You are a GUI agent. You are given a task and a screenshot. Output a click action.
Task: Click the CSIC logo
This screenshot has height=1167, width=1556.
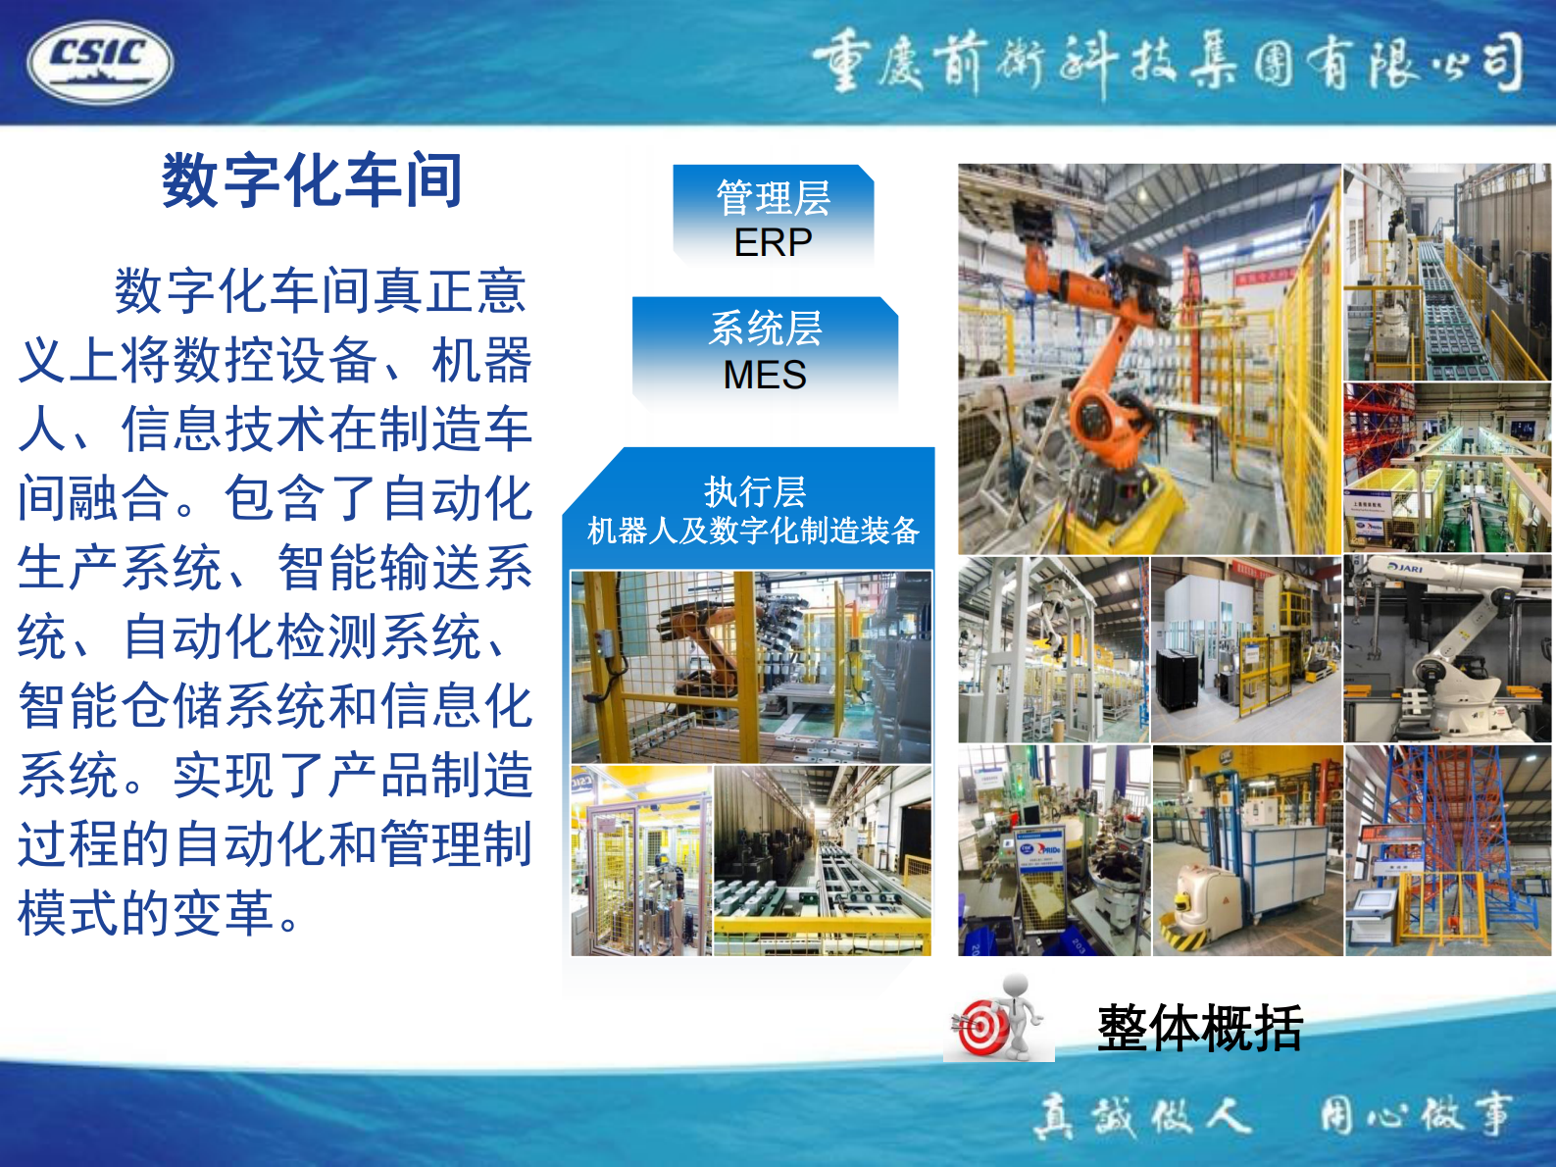pyautogui.click(x=100, y=62)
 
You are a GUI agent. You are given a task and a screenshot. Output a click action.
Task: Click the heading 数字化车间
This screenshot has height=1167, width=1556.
pyautogui.click(x=312, y=181)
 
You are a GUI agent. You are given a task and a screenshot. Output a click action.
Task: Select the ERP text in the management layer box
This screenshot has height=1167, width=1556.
pyautogui.click(x=773, y=242)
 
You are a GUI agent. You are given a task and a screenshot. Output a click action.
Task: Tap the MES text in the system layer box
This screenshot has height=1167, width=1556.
pyautogui.click(x=765, y=375)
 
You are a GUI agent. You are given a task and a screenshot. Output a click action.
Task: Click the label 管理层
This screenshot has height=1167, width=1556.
pyautogui.click(x=773, y=198)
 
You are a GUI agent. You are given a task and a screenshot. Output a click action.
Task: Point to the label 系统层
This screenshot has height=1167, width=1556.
pyautogui.click(x=765, y=329)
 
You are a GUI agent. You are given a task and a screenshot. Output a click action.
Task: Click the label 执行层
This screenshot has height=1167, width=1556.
pyautogui.click(x=754, y=491)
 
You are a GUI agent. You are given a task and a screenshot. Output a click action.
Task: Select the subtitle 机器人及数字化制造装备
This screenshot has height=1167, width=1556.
pyautogui.click(x=753, y=531)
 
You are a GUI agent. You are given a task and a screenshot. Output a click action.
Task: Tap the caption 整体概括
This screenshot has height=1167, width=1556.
pyautogui.click(x=1199, y=1028)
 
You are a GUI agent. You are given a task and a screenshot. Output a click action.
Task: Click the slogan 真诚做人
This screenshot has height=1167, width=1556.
pyautogui.click(x=1143, y=1116)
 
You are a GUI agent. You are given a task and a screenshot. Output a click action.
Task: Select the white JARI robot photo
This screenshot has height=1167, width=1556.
pyautogui.click(x=1447, y=647)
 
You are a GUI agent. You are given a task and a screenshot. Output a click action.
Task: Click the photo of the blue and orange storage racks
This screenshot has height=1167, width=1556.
pyautogui.click(x=1447, y=849)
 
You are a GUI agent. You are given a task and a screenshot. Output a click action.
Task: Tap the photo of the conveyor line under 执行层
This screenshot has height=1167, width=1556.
pyautogui.click(x=822, y=860)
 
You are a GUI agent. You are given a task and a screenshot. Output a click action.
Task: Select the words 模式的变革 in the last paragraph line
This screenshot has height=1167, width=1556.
pyautogui.click(x=147, y=913)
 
